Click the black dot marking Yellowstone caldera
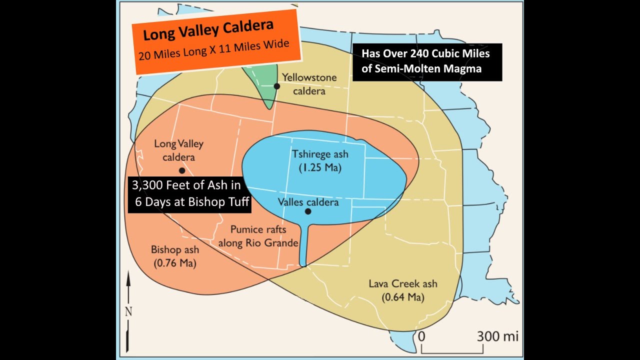[276, 86]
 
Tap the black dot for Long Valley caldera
[182, 170]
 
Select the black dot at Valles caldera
[308, 211]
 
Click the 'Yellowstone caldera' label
[309, 84]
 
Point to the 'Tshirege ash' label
[320, 154]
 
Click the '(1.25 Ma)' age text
[320, 168]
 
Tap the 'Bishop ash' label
[175, 249]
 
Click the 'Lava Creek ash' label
[403, 284]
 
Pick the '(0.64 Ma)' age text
[403, 297]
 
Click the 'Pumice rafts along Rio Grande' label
[258, 236]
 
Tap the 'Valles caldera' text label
[308, 202]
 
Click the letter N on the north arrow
[128, 311]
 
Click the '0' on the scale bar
[421, 336]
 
